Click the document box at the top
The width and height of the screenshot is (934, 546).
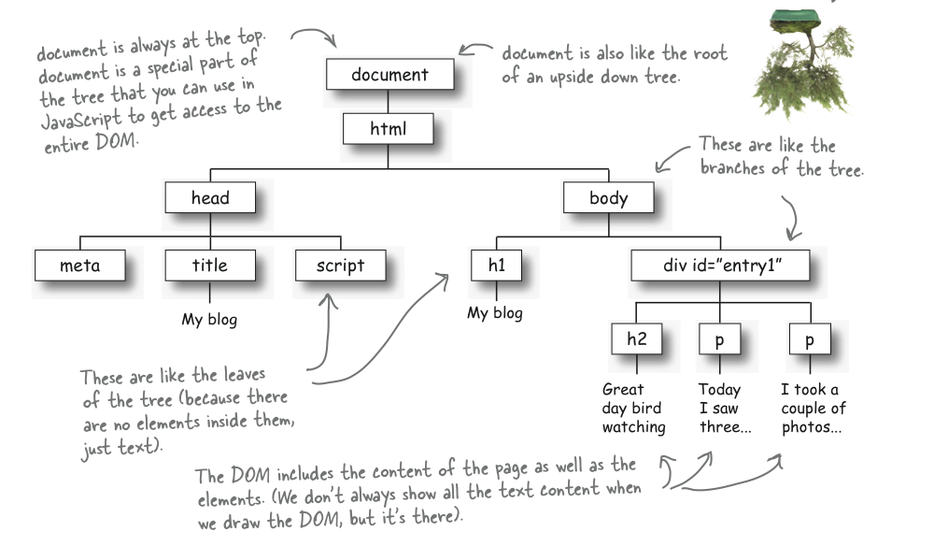point(390,75)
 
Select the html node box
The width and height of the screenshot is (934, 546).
point(388,128)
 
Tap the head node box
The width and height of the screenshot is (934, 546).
point(210,197)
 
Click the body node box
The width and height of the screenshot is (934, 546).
point(608,197)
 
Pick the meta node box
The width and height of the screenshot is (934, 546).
point(79,266)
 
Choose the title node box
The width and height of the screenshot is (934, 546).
point(209,266)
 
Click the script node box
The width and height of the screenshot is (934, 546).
point(340,266)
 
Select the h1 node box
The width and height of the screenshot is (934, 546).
point(496,266)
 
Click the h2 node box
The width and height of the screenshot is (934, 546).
point(636,339)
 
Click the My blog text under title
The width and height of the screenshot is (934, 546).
point(209,320)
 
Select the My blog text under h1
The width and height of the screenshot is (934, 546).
point(495,313)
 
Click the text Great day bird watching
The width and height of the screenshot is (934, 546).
point(633,409)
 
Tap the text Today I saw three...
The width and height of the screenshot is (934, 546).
point(719,409)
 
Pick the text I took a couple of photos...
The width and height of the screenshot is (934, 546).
point(813,409)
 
